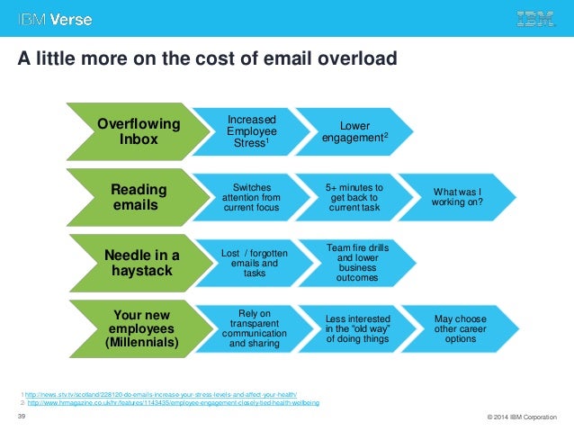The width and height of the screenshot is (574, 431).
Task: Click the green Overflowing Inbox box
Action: pyautogui.click(x=138, y=132)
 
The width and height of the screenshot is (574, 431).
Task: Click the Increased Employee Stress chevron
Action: pyautogui.click(x=251, y=132)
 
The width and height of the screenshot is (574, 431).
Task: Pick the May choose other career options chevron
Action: pyautogui.click(x=459, y=329)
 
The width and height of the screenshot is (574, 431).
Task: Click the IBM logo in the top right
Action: pyautogui.click(x=534, y=18)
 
